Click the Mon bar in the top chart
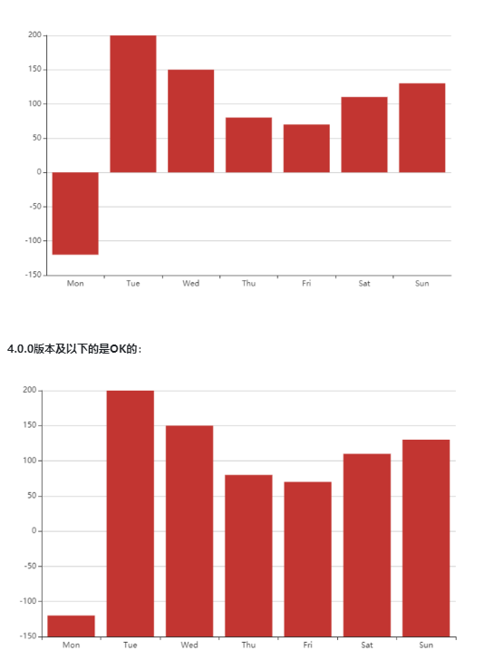tap(75, 213)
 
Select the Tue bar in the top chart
tap(133, 103)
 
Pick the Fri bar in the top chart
tap(306, 148)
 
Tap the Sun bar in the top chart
tap(422, 128)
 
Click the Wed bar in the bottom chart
tap(189, 530)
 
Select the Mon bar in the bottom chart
tap(71, 626)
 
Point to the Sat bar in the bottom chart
tap(366, 545)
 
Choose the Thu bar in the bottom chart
tap(248, 555)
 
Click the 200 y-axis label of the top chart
tap(34, 35)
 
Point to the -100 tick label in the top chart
tap(34, 240)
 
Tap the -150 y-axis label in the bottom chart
tap(30, 636)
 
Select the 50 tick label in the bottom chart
tap(33, 496)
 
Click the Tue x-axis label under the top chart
tap(133, 284)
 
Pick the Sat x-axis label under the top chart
tap(364, 284)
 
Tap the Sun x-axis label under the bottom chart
tap(426, 645)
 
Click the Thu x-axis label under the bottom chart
tap(248, 645)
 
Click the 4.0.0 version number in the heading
tap(19, 349)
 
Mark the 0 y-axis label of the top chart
tap(39, 172)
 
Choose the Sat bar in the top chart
tap(364, 134)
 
